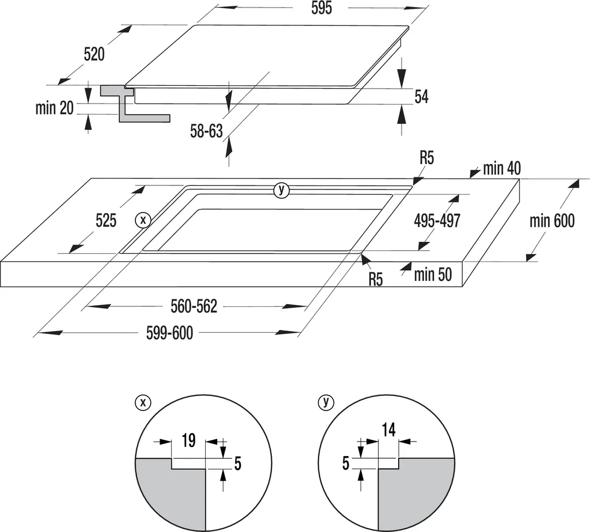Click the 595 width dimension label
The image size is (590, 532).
tap(322, 9)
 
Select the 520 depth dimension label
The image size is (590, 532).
tap(94, 54)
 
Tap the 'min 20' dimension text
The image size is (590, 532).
tap(54, 108)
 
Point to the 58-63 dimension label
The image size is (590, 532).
tap(206, 131)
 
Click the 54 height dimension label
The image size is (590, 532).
tap(422, 97)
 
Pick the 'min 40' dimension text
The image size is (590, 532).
tap(502, 169)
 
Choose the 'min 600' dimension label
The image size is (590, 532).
tap(552, 221)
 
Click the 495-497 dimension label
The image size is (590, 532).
tap(437, 221)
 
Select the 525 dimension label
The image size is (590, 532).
tap(106, 220)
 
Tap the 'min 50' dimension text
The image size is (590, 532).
tap(433, 275)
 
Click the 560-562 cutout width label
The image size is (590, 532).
tap(194, 307)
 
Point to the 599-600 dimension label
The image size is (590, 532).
tap(169, 333)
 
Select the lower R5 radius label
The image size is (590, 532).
tap(376, 280)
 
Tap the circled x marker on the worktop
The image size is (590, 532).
tap(142, 219)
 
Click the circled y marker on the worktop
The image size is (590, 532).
tap(281, 190)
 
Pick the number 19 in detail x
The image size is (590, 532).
tap(188, 441)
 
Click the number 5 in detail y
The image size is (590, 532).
tap(346, 463)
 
